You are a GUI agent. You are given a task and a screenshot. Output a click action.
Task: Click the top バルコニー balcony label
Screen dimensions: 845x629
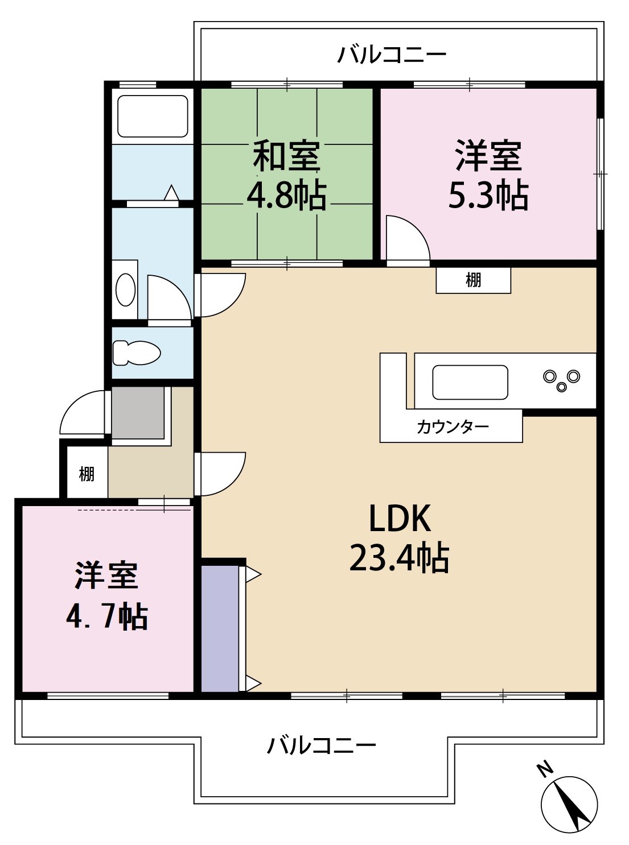click(392, 55)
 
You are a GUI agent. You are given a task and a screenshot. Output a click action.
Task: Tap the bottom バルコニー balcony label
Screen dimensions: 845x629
click(322, 745)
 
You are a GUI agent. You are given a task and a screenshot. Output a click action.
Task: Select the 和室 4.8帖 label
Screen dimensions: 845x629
click(286, 175)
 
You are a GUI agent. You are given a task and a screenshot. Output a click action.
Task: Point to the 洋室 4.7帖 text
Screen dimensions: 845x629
click(107, 595)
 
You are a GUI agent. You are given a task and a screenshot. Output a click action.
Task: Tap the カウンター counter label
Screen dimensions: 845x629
click(453, 426)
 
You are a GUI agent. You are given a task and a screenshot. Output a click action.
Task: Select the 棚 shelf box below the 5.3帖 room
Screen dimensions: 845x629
click(473, 280)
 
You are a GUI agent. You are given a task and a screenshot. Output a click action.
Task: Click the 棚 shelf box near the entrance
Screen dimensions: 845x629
click(87, 473)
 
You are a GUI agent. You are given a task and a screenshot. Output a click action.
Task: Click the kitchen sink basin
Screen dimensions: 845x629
click(470, 382)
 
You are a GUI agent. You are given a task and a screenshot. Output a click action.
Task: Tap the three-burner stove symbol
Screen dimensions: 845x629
click(561, 380)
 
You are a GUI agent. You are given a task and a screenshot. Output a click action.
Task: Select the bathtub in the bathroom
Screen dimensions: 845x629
click(152, 116)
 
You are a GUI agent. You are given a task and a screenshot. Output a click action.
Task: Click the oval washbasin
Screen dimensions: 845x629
click(126, 289)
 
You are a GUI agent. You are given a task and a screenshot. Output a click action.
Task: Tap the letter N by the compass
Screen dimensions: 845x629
click(545, 769)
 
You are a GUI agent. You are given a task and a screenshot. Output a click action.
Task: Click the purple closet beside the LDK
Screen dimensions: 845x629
click(220, 628)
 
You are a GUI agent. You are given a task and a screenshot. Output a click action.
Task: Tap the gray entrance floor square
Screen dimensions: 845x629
click(138, 413)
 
